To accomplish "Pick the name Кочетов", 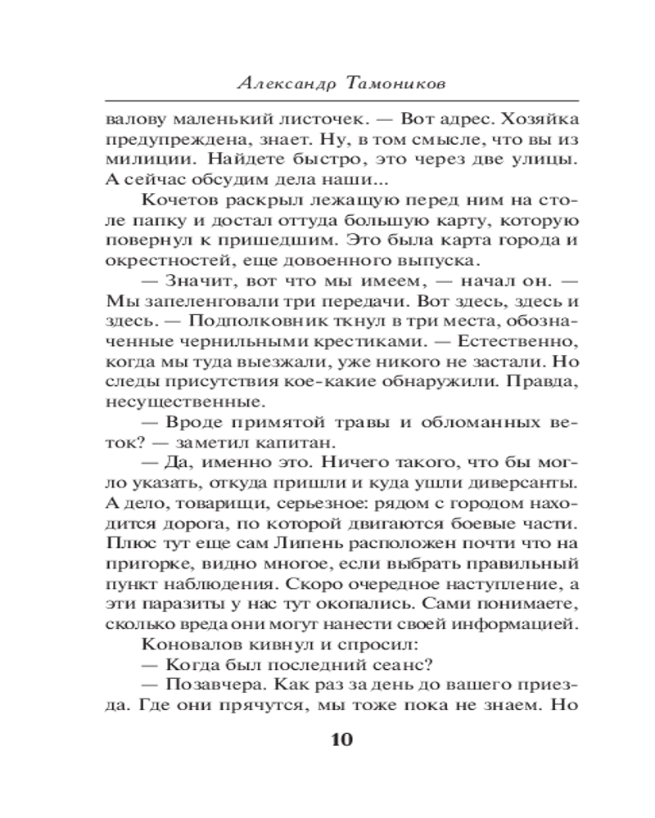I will (x=178, y=200).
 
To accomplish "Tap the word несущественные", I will (x=174, y=402).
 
